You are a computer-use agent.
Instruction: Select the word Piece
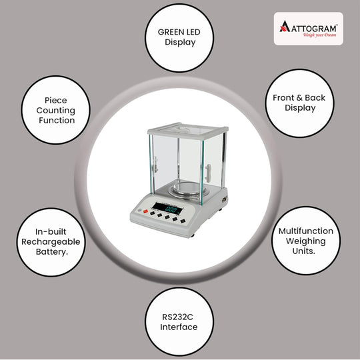(56, 100)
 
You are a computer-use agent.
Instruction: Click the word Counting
(56, 111)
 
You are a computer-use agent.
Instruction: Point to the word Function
(57, 120)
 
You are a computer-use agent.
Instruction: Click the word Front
(283, 98)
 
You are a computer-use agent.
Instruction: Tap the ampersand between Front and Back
(299, 98)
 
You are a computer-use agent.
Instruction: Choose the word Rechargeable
(51, 242)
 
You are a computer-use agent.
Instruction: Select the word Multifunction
(306, 231)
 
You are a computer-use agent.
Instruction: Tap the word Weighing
(306, 241)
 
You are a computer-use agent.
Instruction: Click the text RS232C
(177, 317)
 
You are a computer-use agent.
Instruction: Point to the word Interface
(179, 327)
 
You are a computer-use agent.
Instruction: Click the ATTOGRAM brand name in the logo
(314, 29)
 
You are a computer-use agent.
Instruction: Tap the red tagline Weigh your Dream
(319, 35)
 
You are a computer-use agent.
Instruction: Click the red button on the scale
(145, 211)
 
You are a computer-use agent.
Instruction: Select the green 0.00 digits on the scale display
(171, 209)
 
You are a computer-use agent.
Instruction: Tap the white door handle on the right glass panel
(208, 173)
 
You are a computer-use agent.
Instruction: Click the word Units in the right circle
(303, 251)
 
